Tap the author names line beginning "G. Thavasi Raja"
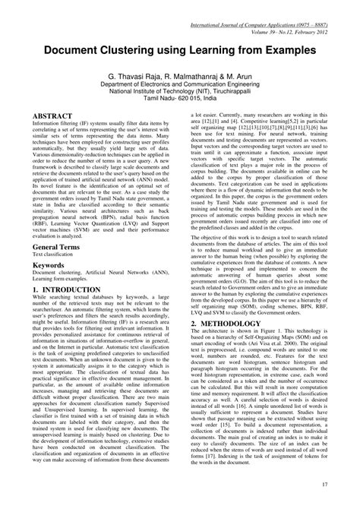(x=180, y=77)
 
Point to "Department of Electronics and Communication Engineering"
(x=180, y=87)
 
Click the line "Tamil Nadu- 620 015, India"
(x=180, y=106)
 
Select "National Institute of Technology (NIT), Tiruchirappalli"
(x=180, y=97)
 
